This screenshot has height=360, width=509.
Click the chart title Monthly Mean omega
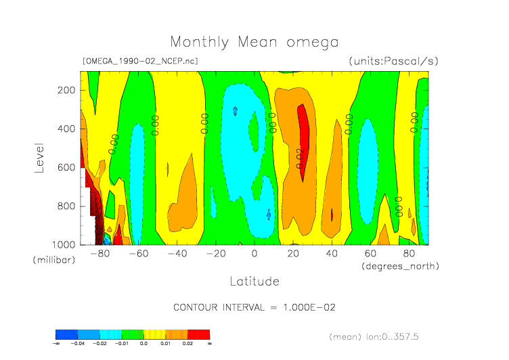tap(254, 42)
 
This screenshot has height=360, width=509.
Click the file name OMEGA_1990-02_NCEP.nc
tap(140, 61)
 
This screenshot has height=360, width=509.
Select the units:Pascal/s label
tap(393, 61)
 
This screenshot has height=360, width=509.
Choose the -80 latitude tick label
tap(100, 254)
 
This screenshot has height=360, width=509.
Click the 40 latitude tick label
tap(332, 254)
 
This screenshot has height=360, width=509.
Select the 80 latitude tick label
tap(409, 254)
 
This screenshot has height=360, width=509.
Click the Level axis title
tap(39, 157)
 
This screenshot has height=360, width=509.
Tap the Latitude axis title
tap(254, 280)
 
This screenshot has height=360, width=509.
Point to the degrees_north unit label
tap(400, 266)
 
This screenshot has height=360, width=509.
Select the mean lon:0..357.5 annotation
tap(376, 336)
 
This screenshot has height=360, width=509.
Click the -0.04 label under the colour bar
tap(78, 344)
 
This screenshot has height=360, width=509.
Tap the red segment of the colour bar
tap(198, 334)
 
